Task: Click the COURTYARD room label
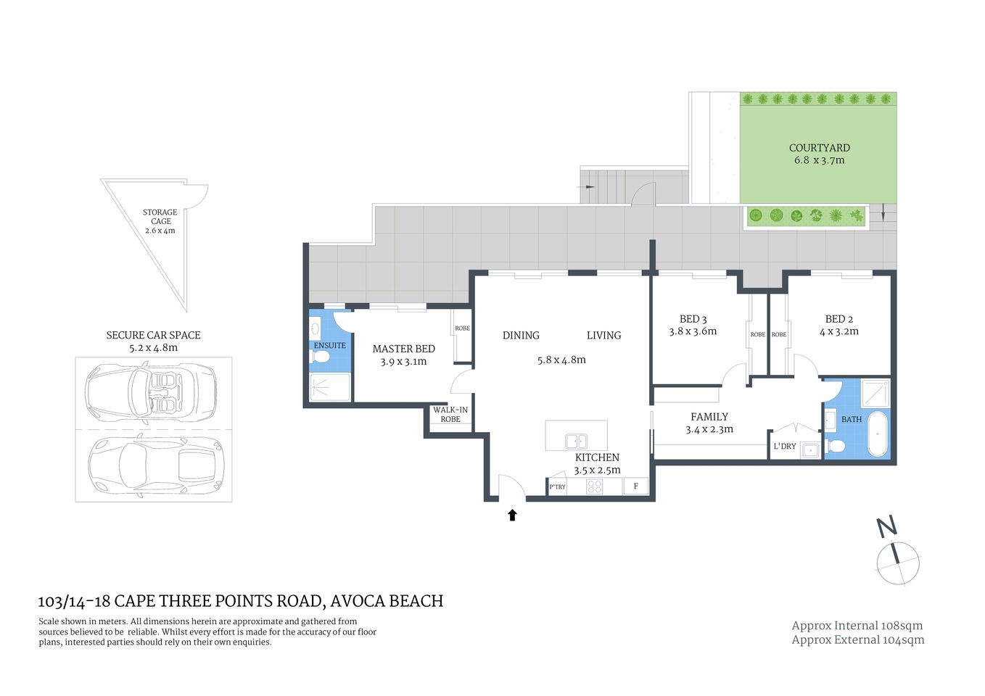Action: coord(819,148)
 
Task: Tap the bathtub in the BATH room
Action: coord(878,434)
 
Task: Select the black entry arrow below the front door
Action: coord(512,515)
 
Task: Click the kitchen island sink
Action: coord(577,441)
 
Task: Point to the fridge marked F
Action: coord(635,486)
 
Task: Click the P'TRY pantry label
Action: coord(557,487)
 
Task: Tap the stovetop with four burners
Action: coord(595,486)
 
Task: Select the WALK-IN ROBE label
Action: coord(450,415)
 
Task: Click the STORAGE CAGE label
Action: coord(160,217)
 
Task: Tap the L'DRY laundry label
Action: coord(785,447)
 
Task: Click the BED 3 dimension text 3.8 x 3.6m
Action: coord(693,331)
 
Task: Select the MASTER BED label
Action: coord(403,349)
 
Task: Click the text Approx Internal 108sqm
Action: coord(857,626)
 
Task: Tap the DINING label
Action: coord(521,336)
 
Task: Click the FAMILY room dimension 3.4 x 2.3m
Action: coord(709,429)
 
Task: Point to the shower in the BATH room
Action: coord(875,394)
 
